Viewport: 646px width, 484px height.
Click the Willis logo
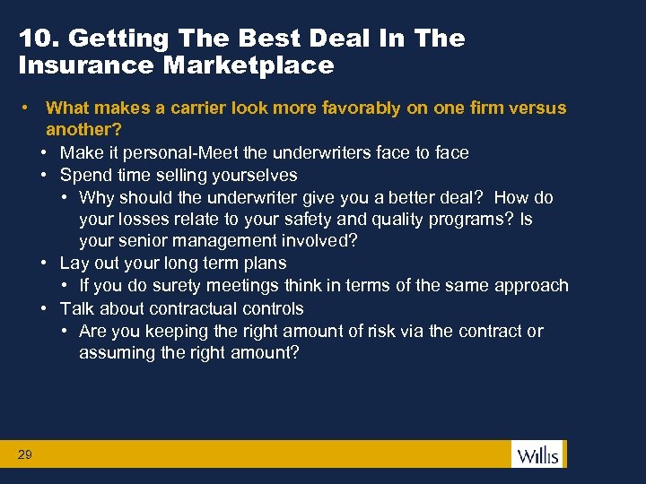coord(537,454)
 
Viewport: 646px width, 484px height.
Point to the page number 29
coord(24,455)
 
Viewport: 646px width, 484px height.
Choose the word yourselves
coord(255,175)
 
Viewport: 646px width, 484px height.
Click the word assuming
coord(113,353)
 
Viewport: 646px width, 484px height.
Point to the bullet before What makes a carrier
coord(30,108)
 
